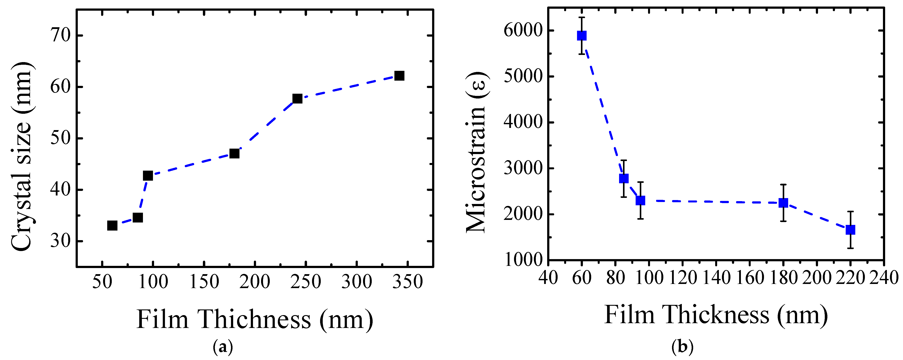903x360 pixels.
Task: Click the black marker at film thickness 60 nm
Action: pyautogui.click(x=112, y=225)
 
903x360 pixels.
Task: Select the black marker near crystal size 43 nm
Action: pyautogui.click(x=148, y=176)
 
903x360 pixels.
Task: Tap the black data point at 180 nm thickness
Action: pyautogui.click(x=234, y=154)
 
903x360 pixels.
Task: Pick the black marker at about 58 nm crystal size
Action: pyautogui.click(x=297, y=98)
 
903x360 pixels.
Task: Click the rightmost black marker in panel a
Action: pyautogui.click(x=399, y=76)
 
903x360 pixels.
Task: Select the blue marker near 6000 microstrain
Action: pyautogui.click(x=582, y=36)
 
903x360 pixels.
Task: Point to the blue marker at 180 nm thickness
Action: pyautogui.click(x=783, y=203)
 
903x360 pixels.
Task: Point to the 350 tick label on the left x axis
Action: pyautogui.click(x=407, y=282)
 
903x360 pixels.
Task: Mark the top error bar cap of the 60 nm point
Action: pyautogui.click(x=582, y=17)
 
